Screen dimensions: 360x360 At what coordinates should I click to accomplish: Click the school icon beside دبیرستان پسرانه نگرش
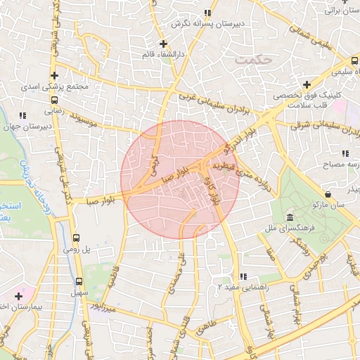coord(207,13)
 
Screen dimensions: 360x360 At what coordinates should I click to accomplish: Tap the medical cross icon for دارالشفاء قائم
coord(163,44)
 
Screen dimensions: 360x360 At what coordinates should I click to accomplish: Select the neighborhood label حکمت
coord(253,60)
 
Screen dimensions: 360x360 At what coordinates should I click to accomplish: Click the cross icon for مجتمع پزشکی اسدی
coord(54,75)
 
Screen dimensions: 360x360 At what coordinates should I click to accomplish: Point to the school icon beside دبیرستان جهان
coord(22,115)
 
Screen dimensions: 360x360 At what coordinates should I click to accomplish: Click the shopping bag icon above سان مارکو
coord(328,193)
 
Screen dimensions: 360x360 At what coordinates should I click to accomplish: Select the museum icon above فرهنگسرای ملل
coord(291,217)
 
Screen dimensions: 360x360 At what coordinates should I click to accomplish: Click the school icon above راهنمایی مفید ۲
coord(243,276)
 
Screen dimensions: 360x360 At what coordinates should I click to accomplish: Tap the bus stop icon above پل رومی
coord(77,237)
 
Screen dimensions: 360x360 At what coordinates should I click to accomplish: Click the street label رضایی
coord(54,110)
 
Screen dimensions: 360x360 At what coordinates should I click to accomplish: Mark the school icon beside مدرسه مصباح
coord(345,153)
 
